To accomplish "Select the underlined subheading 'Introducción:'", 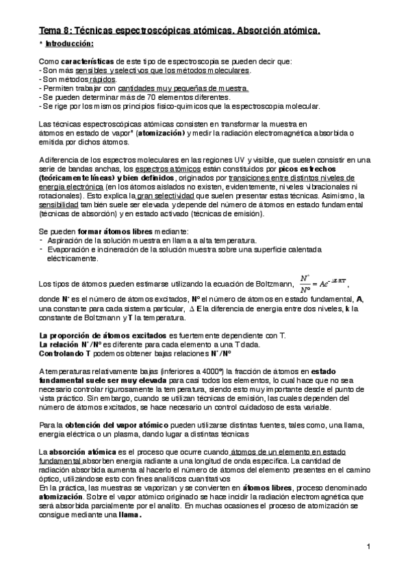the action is tap(68, 43).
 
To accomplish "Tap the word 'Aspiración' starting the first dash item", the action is tap(66, 240).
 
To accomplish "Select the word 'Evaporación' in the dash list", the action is tap(69, 250).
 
